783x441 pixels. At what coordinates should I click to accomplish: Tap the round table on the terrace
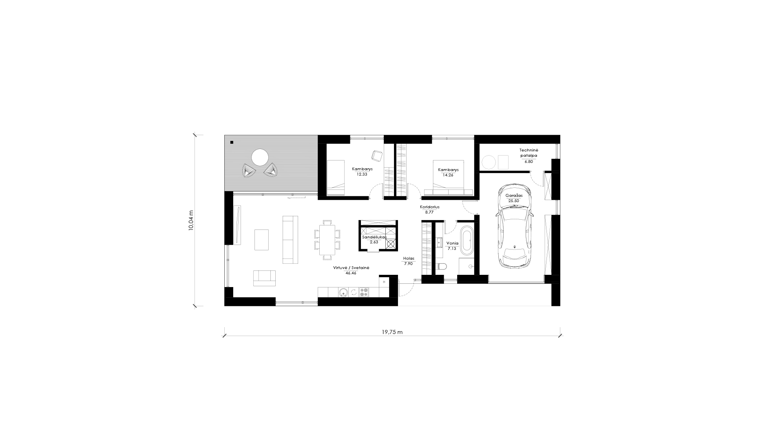[260, 157]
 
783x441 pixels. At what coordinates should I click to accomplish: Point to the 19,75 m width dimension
[392, 332]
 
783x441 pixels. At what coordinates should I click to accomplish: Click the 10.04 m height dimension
[191, 220]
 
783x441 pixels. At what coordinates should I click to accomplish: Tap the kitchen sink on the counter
[343, 292]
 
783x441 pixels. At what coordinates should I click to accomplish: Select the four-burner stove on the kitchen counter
[364, 292]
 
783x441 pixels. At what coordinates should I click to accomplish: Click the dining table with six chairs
[327, 240]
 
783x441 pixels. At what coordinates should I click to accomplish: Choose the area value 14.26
[448, 175]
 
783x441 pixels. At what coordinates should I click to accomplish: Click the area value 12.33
[362, 174]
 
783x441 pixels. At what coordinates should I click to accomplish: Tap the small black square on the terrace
[232, 143]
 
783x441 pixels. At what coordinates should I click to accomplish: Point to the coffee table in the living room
[261, 240]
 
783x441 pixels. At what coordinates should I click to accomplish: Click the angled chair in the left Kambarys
[376, 156]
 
